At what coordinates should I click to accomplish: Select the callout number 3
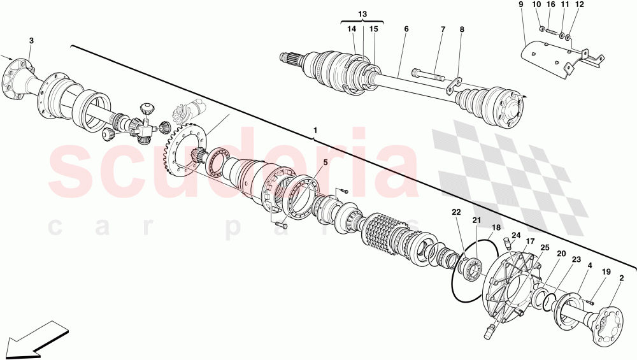[x=31, y=41]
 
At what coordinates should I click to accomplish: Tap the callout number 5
[x=326, y=162]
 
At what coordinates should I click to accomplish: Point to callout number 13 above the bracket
[x=362, y=14]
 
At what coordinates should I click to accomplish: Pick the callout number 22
[x=456, y=212]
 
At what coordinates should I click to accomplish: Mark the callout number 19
[x=605, y=271]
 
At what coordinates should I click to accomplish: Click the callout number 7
[x=443, y=29]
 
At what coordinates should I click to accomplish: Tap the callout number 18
[x=496, y=227]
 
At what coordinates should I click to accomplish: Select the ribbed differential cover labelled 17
[x=510, y=280]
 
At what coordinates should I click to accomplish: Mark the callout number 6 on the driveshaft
[x=406, y=29]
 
